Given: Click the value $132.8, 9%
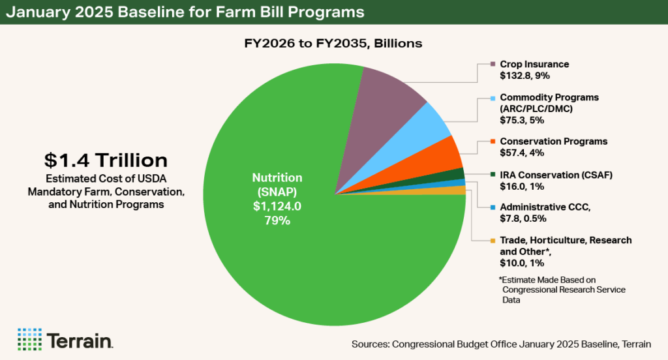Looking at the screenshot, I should coord(526,75).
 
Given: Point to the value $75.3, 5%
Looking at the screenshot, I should coord(522,119).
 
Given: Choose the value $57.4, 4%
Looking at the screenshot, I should coord(522,153).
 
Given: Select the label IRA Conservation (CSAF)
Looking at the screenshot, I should coord(556,174).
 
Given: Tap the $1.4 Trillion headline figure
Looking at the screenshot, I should coord(106,160).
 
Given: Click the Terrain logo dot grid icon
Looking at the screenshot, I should coord(29,339).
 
